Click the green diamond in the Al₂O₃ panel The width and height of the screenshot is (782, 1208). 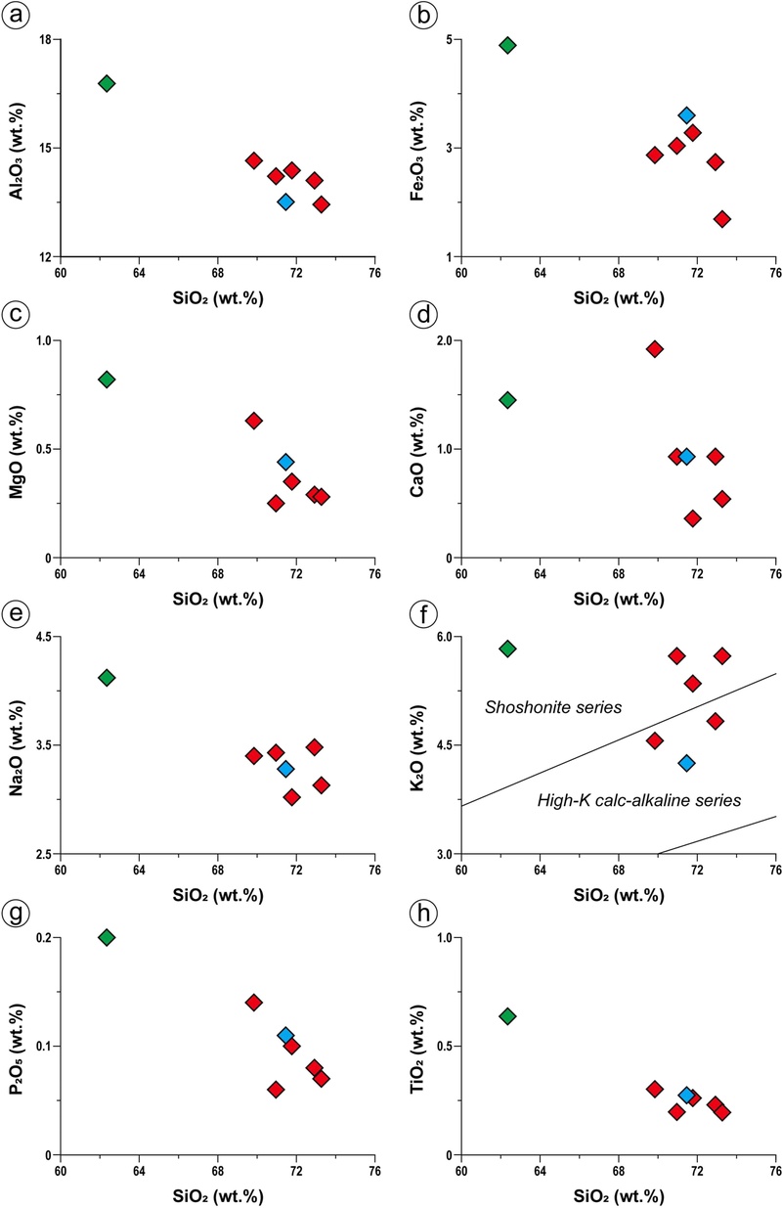coord(107,83)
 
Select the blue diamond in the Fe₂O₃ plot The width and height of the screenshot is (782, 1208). coord(687,115)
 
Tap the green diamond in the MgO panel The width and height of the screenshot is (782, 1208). coord(107,380)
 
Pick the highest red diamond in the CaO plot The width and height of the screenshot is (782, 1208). coord(655,349)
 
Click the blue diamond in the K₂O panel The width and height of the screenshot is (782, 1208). coord(687,762)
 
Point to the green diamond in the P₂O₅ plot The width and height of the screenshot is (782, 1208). coord(107,937)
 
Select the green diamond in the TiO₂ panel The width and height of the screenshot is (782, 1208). coord(507,1016)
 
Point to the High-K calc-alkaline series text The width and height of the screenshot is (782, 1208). coord(639,800)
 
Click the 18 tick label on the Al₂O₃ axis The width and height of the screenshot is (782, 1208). coord(43,39)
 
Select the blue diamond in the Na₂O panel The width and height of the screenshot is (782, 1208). coord(285,769)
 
